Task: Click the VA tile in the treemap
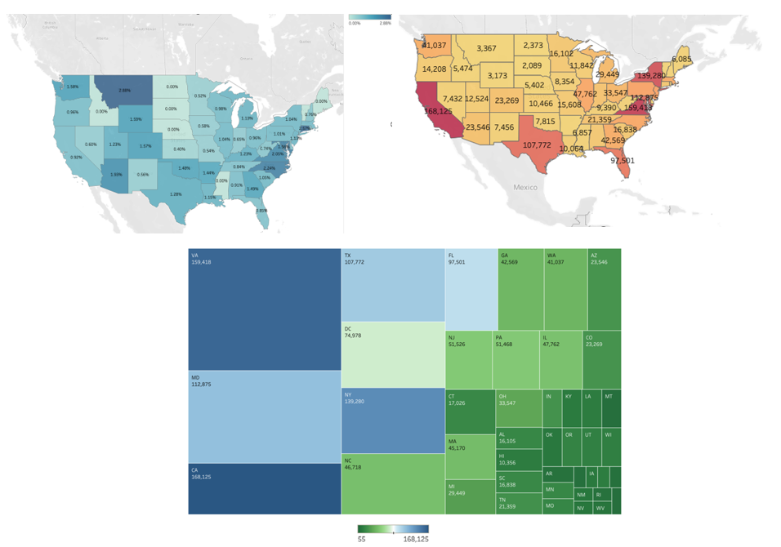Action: coord(264,309)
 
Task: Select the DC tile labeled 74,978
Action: coord(392,354)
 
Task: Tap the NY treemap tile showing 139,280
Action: coord(392,420)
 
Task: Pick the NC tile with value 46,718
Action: coord(392,483)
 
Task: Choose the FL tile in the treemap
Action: coord(471,285)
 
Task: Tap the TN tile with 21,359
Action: coord(519,503)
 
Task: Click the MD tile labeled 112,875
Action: coord(264,416)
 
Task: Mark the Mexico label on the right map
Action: coord(525,187)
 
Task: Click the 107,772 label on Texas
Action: coord(537,145)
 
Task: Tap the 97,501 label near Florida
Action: coord(623,160)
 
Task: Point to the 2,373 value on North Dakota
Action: coord(533,46)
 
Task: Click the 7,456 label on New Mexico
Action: coord(504,127)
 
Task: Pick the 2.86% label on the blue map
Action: coord(124,90)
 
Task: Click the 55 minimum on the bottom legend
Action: coord(362,539)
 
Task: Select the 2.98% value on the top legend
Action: coord(385,24)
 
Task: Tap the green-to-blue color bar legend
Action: coord(394,529)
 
